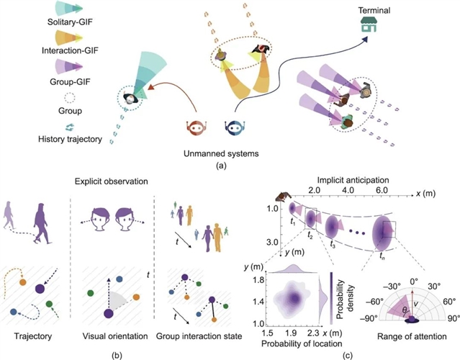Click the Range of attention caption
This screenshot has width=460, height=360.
[407, 338]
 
